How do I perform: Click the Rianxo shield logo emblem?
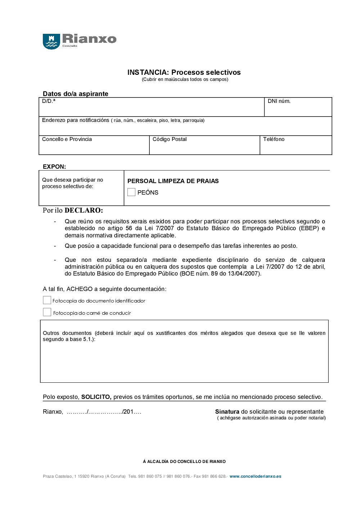pyautogui.click(x=51, y=41)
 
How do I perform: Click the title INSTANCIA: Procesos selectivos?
pyautogui.click(x=184, y=72)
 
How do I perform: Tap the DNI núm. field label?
pyautogui.click(x=279, y=101)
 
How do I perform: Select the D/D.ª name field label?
pyautogui.click(x=49, y=101)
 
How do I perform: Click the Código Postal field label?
pyautogui.click(x=170, y=139)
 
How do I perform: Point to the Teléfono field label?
pyautogui.click(x=274, y=139)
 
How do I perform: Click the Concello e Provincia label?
pyautogui.click(x=67, y=139)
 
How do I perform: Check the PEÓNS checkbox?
pyautogui.click(x=131, y=192)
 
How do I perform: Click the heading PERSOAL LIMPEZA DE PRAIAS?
pyautogui.click(x=173, y=181)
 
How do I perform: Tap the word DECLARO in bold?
pyautogui.click(x=84, y=210)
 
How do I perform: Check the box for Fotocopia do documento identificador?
pyautogui.click(x=47, y=300)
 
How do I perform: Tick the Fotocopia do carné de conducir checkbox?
pyautogui.click(x=47, y=312)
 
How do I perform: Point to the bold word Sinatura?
pyautogui.click(x=227, y=412)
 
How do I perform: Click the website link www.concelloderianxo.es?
pyautogui.click(x=255, y=476)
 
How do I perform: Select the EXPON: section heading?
pyautogui.click(x=54, y=167)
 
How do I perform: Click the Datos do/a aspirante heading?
pyautogui.click(x=76, y=94)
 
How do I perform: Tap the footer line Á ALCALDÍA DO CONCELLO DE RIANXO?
pyautogui.click(x=184, y=462)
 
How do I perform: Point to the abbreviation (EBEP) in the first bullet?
pyautogui.click(x=309, y=228)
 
